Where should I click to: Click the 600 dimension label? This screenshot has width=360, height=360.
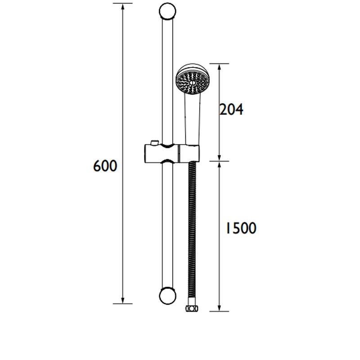105,166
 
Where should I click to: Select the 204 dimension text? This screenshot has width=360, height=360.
231,109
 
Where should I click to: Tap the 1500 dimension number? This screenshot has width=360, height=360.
241,228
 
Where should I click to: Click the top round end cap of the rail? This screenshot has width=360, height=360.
167,11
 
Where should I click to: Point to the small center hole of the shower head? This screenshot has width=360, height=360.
193,83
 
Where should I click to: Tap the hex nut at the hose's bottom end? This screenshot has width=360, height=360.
192,309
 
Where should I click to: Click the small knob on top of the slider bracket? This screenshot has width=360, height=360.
153,143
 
